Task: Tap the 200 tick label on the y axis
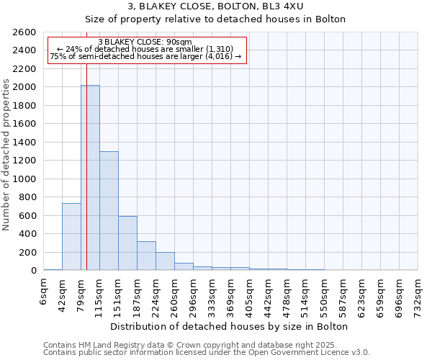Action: pos(28,253)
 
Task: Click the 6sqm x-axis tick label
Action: pos(44,294)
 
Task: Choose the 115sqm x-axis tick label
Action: pos(100,296)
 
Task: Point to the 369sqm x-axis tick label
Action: pos(231,296)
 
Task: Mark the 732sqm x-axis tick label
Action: pos(418,296)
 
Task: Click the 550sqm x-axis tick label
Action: pos(325,296)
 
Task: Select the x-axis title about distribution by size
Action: pos(230,326)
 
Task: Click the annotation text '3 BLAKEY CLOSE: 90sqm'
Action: pos(145,42)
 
